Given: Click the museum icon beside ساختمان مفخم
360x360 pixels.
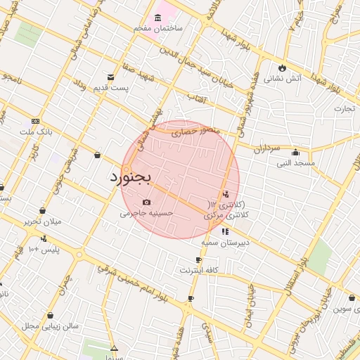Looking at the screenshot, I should [x=157, y=18].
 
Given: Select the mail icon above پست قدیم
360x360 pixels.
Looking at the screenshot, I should [x=110, y=77].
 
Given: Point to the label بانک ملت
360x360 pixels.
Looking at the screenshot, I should [x=37, y=131].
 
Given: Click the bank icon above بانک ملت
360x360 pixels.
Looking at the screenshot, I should [x=36, y=122].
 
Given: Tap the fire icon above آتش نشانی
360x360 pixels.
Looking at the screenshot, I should [x=283, y=69].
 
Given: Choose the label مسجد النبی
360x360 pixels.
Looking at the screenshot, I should [x=295, y=163].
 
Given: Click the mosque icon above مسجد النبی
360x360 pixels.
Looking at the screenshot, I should [x=295, y=153].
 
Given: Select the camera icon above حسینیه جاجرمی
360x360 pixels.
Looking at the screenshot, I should [x=146, y=202].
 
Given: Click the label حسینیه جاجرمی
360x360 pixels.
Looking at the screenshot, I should [x=143, y=212].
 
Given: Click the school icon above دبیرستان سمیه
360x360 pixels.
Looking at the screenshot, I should [x=225, y=231].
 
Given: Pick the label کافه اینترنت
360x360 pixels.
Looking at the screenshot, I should [x=200, y=270].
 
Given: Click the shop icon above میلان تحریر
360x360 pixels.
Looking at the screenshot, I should [x=42, y=210].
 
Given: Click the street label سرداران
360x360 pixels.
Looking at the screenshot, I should [x=268, y=149].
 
